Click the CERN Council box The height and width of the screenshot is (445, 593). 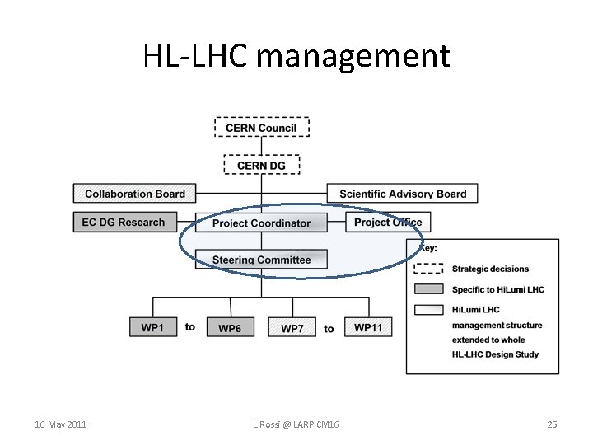point(262,127)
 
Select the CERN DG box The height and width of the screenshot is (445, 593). point(262,165)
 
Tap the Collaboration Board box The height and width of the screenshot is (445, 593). point(135,194)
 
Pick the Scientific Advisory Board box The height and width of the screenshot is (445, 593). point(403,194)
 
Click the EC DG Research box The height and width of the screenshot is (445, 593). point(124,222)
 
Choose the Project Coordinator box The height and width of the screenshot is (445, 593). point(261,222)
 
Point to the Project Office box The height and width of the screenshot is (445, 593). point(388,222)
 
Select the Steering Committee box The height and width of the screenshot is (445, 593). point(261,260)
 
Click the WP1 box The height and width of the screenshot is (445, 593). point(152,327)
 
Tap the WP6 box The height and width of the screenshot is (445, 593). point(230,327)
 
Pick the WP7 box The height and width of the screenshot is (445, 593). point(292,327)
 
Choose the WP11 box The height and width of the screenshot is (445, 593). point(368,327)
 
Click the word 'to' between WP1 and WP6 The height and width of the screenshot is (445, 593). point(190,327)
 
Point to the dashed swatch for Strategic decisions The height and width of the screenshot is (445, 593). point(429,269)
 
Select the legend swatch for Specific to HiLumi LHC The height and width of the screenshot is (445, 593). point(429,289)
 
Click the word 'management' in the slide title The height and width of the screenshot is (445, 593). point(354,56)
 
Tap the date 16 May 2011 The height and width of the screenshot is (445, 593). point(61,424)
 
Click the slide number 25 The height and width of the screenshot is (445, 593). point(552,424)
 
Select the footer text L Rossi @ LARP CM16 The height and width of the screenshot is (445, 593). point(296,424)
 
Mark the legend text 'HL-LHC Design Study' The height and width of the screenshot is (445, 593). point(495,354)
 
